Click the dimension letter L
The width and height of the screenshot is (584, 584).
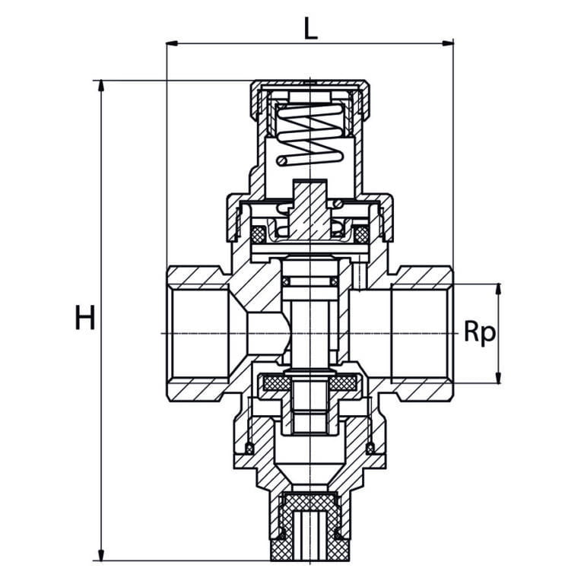[310, 29]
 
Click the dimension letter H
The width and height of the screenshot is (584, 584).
[85, 317]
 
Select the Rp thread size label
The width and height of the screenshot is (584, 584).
[480, 332]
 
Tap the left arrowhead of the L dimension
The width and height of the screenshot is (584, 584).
[172, 43]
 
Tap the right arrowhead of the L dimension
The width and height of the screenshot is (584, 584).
[448, 43]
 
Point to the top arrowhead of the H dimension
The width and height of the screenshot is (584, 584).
[100, 86]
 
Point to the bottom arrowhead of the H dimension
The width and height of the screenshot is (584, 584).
[100, 554]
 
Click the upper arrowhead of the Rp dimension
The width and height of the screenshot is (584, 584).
[498, 290]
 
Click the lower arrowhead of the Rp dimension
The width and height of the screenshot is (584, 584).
[498, 378]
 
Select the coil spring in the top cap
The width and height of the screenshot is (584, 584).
[310, 134]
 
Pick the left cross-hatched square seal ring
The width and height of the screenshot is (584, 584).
[258, 234]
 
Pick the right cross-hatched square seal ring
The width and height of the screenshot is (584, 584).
[361, 234]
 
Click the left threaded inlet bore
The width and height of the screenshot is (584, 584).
[201, 333]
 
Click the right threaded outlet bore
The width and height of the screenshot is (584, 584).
[420, 333]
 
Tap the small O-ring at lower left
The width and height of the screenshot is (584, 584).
[249, 448]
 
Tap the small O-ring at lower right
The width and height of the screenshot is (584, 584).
[370, 448]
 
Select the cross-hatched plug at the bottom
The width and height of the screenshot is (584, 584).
[310, 527]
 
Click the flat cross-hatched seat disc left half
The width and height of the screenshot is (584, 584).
[276, 382]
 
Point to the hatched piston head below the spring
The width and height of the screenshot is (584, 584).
[310, 211]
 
